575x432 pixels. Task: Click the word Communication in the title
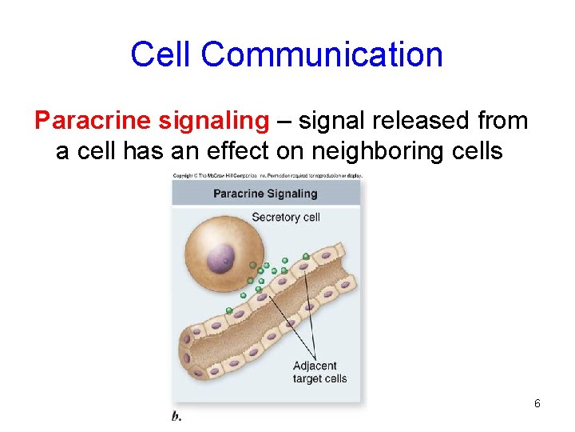point(322,54)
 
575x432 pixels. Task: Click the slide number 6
point(537,403)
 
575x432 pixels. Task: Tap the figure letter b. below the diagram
point(176,416)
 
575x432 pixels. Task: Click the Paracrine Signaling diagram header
point(265,194)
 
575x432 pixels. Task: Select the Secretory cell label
point(285,217)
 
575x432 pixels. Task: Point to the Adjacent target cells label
point(319,372)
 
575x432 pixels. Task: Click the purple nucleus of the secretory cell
point(220,258)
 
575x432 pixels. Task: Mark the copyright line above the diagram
point(267,174)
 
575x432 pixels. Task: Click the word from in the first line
point(502,121)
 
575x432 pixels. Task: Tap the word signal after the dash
point(331,121)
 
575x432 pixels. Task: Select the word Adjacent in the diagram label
point(315,366)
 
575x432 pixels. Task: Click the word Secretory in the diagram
point(274,217)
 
